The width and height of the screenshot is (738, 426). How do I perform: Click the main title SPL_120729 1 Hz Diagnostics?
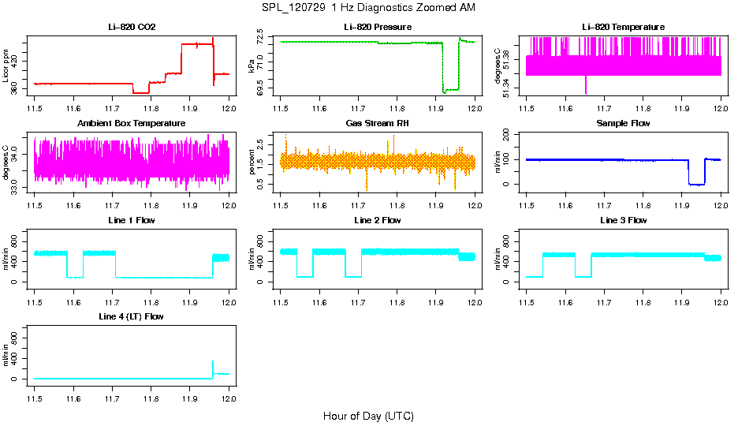pos(368,8)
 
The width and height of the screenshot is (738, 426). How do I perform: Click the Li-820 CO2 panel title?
pos(132,27)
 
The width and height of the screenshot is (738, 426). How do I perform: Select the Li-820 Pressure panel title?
pos(377,27)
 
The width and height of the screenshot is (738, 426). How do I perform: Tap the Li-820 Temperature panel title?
pos(623,27)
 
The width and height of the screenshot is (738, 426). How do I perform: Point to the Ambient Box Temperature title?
pos(132,124)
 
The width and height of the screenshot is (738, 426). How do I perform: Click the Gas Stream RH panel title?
pos(377,124)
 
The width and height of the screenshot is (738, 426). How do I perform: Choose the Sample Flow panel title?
pos(623,124)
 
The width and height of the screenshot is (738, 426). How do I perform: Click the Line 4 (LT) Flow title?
pos(132,316)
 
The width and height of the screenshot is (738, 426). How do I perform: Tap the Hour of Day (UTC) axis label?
pos(368,416)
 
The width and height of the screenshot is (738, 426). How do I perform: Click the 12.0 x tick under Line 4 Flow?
pos(229,390)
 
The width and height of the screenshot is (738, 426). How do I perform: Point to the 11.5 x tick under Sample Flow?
pos(526,197)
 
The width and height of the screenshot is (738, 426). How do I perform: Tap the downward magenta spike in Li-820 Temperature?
pos(586,85)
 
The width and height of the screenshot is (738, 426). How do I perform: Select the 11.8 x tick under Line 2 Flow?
pos(397,293)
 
